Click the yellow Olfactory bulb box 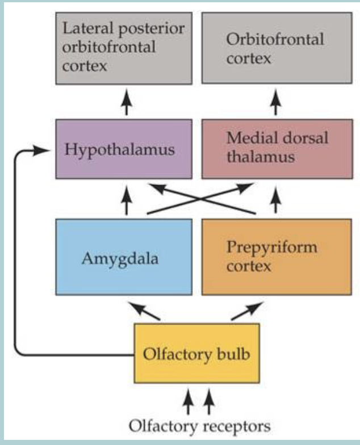[x=196, y=352]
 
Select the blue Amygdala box [x=124, y=256]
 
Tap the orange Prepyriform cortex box [x=277, y=256]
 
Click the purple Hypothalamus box [x=124, y=149]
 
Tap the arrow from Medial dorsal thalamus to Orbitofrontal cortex [x=276, y=104]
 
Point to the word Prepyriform [x=271, y=248]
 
